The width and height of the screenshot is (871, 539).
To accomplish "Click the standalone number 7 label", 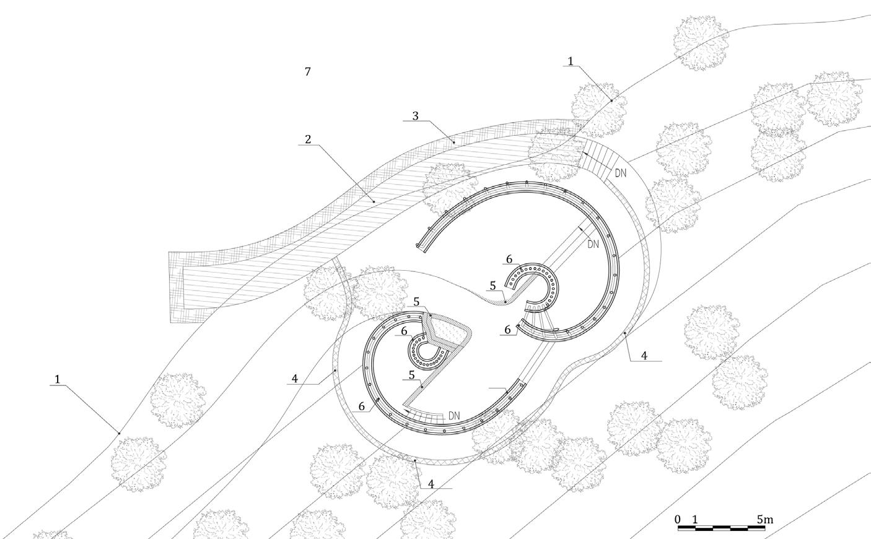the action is (x=307, y=72).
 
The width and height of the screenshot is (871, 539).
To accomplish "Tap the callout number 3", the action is (x=416, y=116).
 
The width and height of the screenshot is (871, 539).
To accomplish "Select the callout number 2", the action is (x=308, y=139).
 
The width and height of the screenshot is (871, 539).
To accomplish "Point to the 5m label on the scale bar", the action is (x=764, y=519).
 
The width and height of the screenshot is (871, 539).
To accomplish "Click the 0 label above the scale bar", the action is (x=678, y=519).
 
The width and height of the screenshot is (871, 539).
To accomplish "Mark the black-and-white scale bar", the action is (x=725, y=528).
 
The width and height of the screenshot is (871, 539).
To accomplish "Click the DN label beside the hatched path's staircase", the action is (x=619, y=173).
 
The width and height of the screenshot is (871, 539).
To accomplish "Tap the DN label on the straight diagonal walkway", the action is (x=593, y=244).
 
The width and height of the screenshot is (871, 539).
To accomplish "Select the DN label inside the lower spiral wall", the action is (x=454, y=415).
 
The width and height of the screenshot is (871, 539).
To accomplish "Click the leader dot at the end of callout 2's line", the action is (x=374, y=201).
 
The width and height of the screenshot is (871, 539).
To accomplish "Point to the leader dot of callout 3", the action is (x=453, y=142).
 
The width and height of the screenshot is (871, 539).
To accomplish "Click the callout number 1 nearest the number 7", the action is (x=571, y=61).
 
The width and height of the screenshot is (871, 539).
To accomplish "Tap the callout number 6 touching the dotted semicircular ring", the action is (x=509, y=260).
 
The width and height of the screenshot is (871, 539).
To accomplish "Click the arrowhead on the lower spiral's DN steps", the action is (x=406, y=410).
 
